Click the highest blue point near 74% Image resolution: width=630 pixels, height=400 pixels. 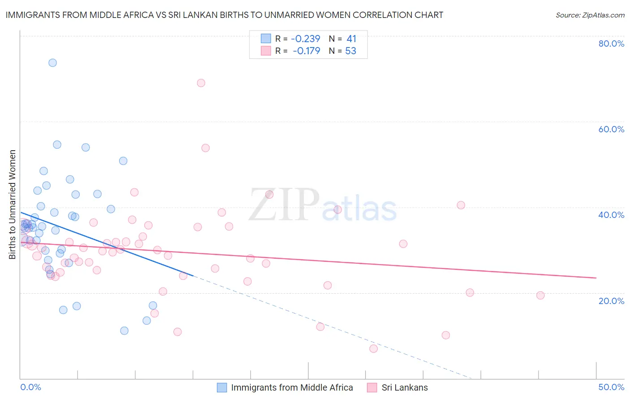(52, 63)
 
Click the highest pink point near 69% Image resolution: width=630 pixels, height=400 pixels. (201, 83)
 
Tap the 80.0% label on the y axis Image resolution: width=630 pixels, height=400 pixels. (611, 43)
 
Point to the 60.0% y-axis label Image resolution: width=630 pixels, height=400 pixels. (611, 129)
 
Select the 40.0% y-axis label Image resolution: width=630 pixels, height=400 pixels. (611, 215)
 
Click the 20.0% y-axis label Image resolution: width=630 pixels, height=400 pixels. (611, 301)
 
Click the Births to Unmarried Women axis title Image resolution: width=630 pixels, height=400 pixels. (13, 204)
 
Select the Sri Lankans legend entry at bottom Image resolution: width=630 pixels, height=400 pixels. (404, 388)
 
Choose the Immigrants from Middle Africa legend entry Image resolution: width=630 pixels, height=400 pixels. (292, 388)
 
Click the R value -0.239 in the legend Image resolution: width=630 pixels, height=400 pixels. (306, 39)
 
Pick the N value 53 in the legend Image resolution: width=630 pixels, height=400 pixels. (350, 51)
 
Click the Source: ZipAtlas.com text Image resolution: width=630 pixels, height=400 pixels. (590, 15)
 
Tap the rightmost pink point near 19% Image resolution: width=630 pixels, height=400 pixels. (540, 296)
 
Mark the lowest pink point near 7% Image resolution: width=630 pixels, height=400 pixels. (374, 348)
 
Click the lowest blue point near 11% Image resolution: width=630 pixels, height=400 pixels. (124, 331)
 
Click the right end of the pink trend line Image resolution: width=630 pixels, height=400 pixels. (596, 278)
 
